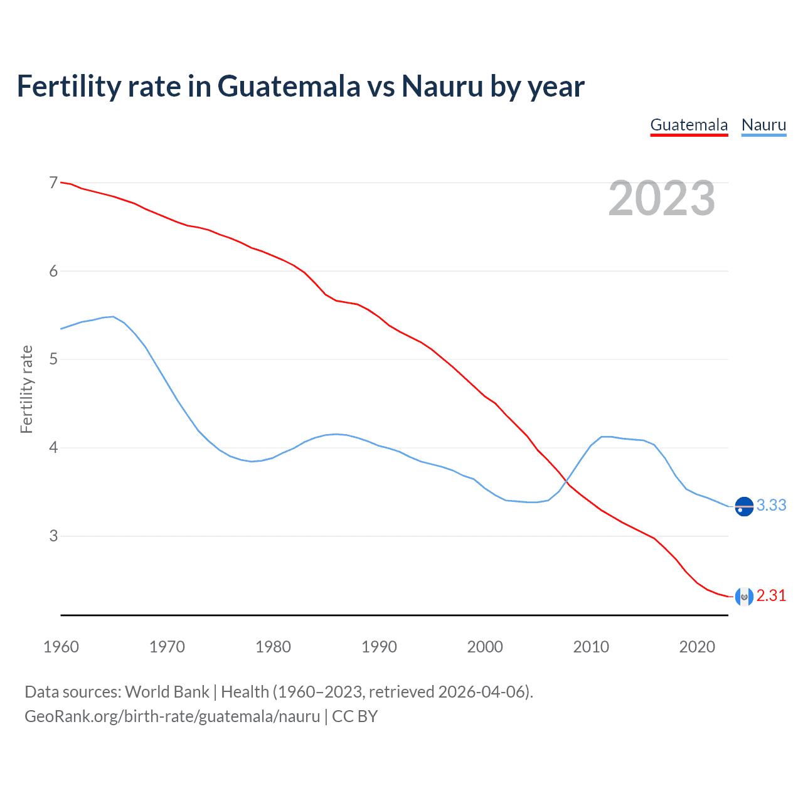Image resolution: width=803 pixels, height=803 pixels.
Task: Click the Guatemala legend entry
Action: [x=689, y=125]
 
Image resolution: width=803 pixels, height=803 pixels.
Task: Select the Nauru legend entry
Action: [x=763, y=125]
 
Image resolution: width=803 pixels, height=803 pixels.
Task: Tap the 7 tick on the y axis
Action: [x=53, y=183]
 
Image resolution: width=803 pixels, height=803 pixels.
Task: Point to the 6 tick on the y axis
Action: [x=53, y=271]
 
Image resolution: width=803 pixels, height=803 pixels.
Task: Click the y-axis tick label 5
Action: [x=53, y=359]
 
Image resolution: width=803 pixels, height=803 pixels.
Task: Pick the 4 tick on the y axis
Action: [x=53, y=448]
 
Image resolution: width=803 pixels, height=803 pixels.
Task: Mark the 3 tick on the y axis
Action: [x=53, y=536]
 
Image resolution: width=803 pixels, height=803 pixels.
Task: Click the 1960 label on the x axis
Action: [x=61, y=647]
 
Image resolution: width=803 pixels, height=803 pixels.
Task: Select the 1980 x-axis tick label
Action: [x=273, y=647]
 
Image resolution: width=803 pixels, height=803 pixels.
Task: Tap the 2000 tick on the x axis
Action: [x=485, y=647]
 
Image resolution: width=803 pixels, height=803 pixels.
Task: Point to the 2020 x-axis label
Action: [x=697, y=647]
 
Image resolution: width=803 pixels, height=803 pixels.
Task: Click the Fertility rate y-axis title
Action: [x=26, y=389]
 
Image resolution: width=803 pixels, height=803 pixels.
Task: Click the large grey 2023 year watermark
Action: [x=661, y=199]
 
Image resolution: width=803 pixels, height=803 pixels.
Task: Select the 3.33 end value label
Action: [x=771, y=505]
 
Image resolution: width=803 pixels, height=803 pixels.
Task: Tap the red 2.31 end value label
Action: [x=771, y=595]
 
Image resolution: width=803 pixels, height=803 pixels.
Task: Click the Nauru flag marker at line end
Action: [x=744, y=506]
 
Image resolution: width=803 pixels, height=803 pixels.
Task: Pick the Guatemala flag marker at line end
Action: [x=744, y=597]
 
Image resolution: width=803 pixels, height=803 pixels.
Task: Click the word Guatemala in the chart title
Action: [x=289, y=86]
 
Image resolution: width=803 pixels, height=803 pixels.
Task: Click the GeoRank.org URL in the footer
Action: [x=172, y=716]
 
